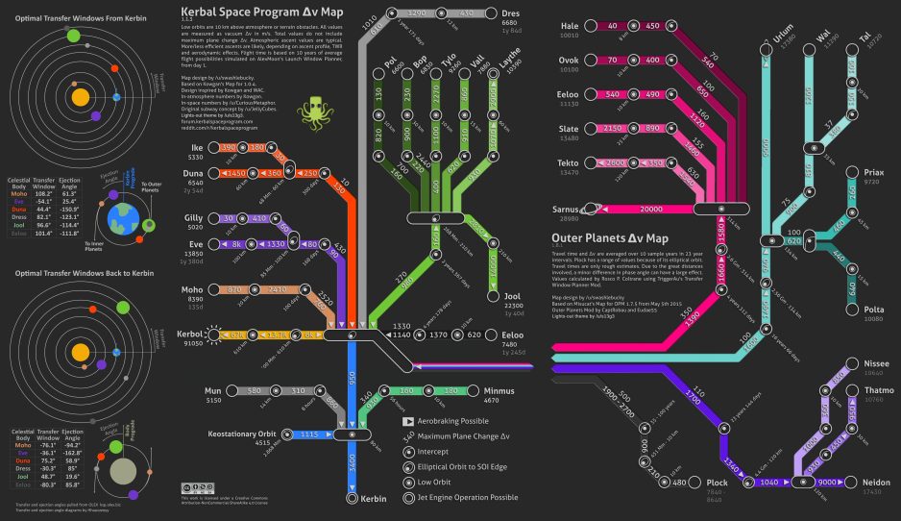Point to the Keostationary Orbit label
click(x=243, y=434)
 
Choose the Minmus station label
click(x=499, y=391)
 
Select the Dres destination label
click(x=512, y=13)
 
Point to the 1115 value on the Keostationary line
click(x=309, y=434)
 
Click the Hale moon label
click(x=570, y=26)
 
